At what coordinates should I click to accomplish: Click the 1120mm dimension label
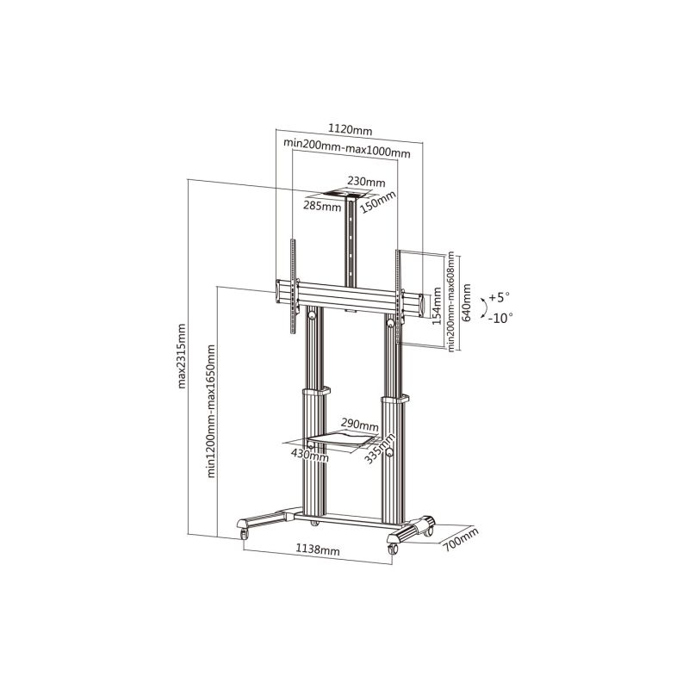[350, 130]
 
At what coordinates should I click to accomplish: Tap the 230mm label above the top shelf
[366, 181]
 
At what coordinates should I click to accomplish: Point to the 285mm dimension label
[322, 206]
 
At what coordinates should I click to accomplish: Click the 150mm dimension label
[378, 202]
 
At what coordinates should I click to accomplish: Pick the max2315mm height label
[182, 356]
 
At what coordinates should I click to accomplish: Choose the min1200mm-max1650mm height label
[211, 411]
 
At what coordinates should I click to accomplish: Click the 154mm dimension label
[437, 306]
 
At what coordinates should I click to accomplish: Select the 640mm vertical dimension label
[466, 302]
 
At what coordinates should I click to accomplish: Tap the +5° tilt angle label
[499, 297]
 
